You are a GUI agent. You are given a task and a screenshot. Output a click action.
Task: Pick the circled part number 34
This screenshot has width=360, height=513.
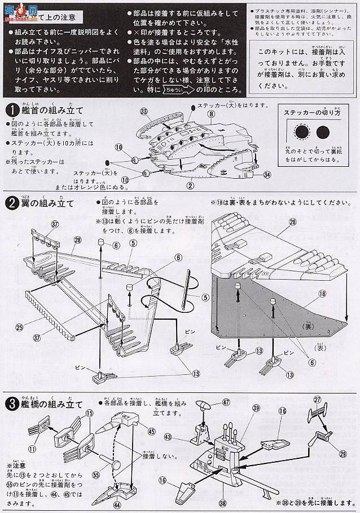pos(267,174)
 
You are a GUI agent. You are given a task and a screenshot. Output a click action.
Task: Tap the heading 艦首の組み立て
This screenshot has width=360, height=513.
pos(54,109)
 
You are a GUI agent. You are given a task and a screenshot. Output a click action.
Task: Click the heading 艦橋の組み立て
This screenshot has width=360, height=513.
pos(54,405)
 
